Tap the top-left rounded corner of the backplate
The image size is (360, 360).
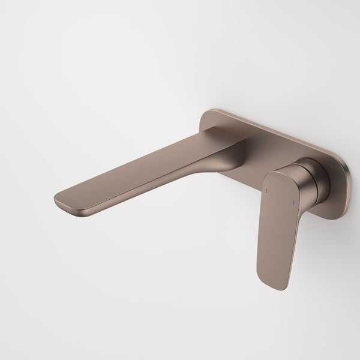[x=209, y=114]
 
